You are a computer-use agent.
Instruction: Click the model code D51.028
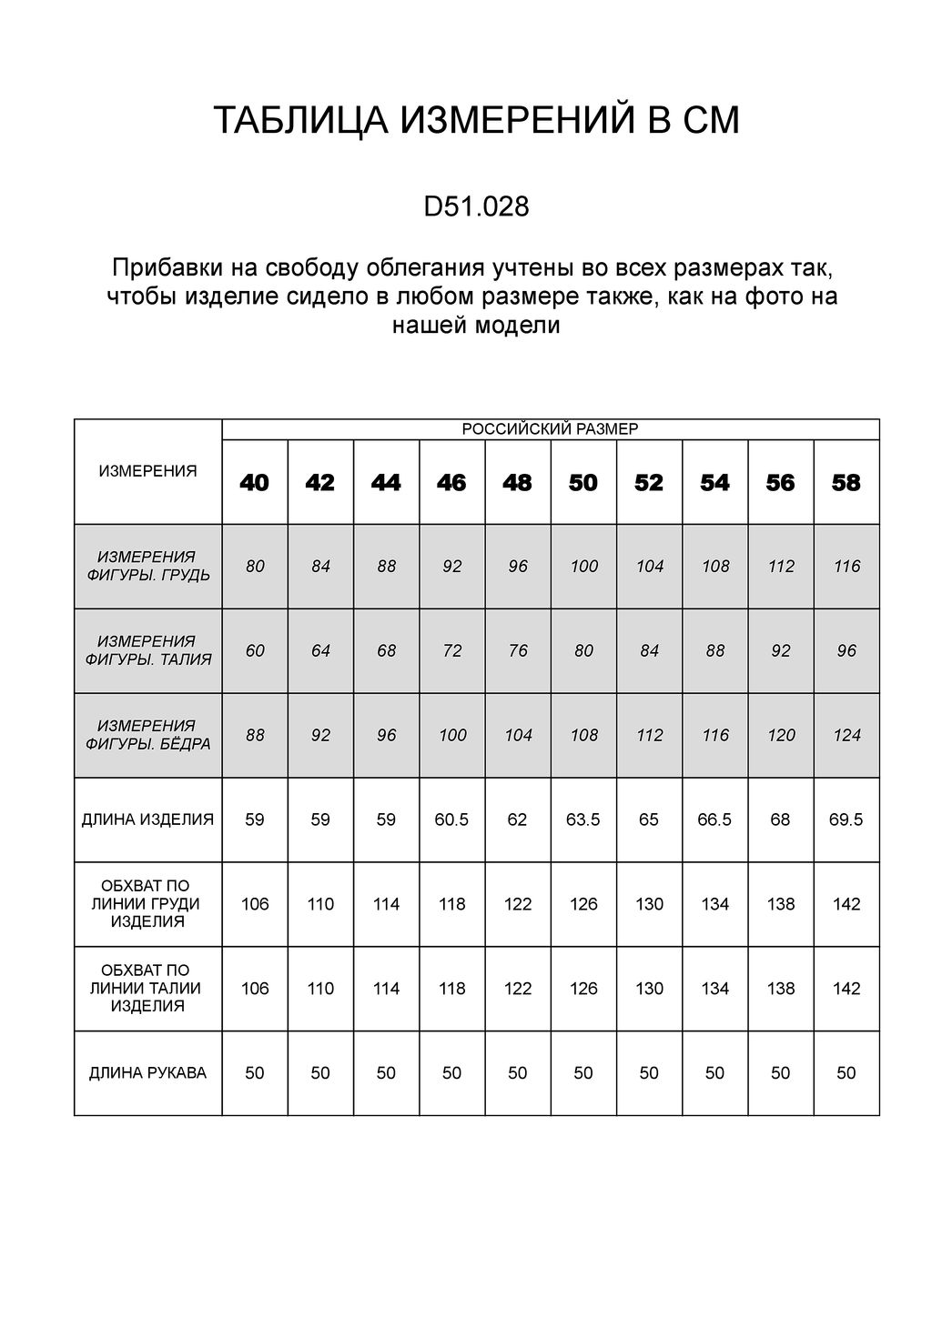coord(476,207)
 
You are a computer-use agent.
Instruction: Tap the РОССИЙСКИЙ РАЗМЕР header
coord(550,429)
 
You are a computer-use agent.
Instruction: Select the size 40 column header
coord(255,483)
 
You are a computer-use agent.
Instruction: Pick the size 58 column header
coord(846,483)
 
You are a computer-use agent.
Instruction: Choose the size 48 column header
coord(518,483)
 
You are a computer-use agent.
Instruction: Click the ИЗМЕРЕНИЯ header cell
coord(147,471)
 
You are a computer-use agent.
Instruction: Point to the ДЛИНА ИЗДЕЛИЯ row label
coord(147,819)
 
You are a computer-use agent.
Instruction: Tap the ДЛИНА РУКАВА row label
coord(147,1073)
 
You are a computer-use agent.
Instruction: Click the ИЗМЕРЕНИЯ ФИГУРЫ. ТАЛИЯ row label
coord(147,650)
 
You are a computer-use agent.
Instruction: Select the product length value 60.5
coord(452,819)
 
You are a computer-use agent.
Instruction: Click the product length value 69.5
coord(846,819)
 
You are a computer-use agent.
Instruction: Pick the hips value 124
coord(846,735)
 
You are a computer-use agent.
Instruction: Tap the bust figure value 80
coord(255,567)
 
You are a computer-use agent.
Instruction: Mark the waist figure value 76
coord(518,650)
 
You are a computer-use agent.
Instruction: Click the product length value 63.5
coord(583,819)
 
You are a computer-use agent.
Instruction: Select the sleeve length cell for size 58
coord(846,1073)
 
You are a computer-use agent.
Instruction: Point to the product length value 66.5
coord(714,819)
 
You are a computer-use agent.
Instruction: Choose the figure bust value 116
coord(846,567)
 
